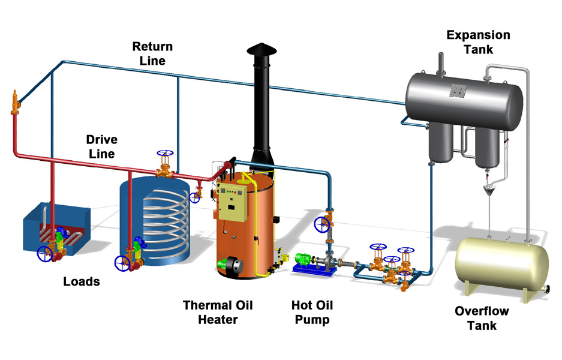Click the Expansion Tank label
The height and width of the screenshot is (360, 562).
click(478, 42)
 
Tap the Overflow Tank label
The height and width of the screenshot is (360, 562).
click(482, 318)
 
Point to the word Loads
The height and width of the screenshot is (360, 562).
click(82, 281)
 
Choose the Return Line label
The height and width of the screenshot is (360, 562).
click(152, 53)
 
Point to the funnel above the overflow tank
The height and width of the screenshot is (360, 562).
click(491, 191)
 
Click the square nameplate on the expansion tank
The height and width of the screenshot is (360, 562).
click(459, 91)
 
